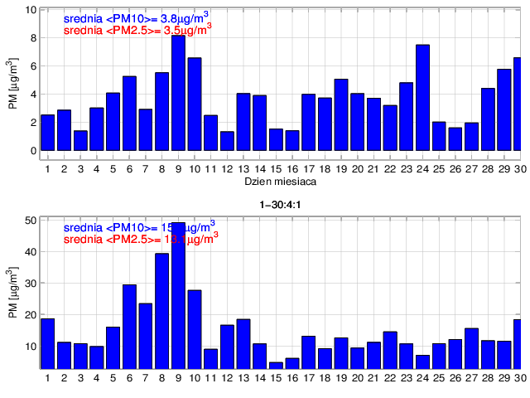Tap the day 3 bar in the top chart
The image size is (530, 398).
tap(80, 141)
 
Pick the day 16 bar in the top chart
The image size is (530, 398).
tap(291, 141)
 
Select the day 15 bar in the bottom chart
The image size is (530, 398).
tap(276, 365)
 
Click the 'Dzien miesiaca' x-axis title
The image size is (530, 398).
tap(277, 180)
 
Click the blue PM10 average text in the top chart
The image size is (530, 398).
tap(137, 17)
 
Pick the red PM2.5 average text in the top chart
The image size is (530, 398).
tap(137, 31)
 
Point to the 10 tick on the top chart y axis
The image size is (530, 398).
tap(31, 10)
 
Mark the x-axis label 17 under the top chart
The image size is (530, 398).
tap(308, 168)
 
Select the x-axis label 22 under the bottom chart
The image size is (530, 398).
tap(389, 378)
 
